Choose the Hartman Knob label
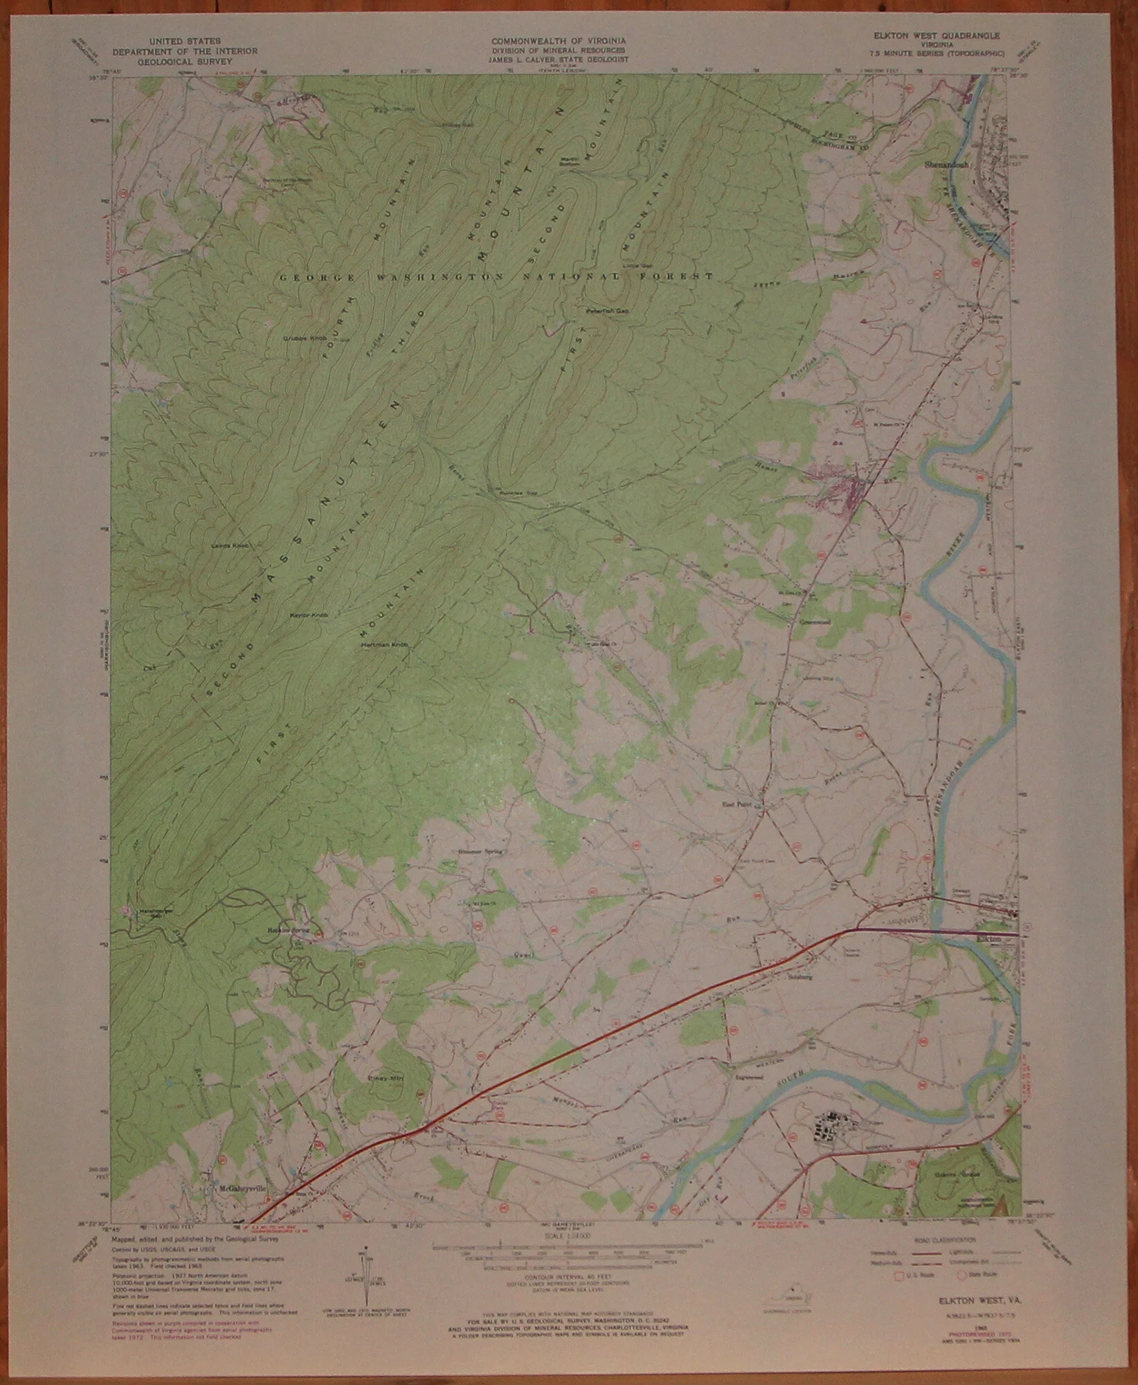(385, 645)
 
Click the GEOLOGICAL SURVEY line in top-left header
(184, 60)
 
